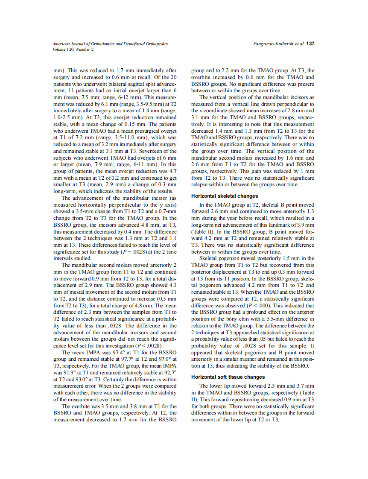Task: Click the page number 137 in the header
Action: coord(310,44)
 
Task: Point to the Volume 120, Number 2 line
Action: coord(73,49)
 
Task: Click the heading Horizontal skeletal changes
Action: coord(225,196)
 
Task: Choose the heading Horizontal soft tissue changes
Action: coord(228,377)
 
